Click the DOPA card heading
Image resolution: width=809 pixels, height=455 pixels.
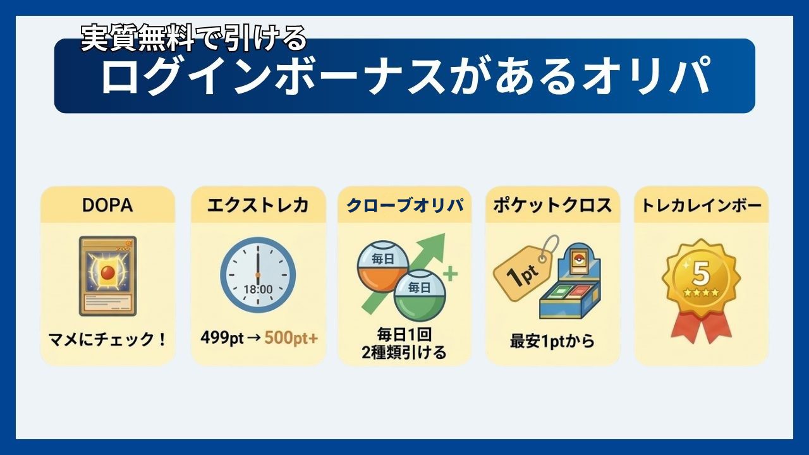pos(107,205)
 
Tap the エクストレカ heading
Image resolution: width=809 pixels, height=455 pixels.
pos(258,205)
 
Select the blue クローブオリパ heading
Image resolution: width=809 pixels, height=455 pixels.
pos(405,205)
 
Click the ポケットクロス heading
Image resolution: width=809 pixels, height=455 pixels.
pos(552,205)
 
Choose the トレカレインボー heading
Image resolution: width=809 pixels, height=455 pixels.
pos(702,205)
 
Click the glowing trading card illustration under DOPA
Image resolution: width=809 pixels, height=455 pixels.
pos(108,276)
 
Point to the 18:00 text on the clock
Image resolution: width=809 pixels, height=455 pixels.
pos(258,289)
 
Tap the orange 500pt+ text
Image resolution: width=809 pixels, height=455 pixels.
pos(291,338)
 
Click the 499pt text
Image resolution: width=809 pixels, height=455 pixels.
pos(222,338)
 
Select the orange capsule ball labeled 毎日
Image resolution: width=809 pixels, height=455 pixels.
pos(382,267)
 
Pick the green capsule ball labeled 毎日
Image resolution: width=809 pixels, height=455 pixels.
pos(420,295)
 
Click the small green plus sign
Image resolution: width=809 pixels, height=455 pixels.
pos(451,274)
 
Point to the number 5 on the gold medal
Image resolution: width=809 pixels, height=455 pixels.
pos(701,274)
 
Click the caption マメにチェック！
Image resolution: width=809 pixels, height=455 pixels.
pos(107,339)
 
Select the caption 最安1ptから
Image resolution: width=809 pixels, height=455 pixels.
pos(552,341)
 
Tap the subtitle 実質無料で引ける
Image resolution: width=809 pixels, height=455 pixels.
pos(194,37)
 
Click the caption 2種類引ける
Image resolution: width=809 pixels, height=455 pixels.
pos(404,353)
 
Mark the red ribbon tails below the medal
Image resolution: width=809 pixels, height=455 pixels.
pos(701,327)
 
